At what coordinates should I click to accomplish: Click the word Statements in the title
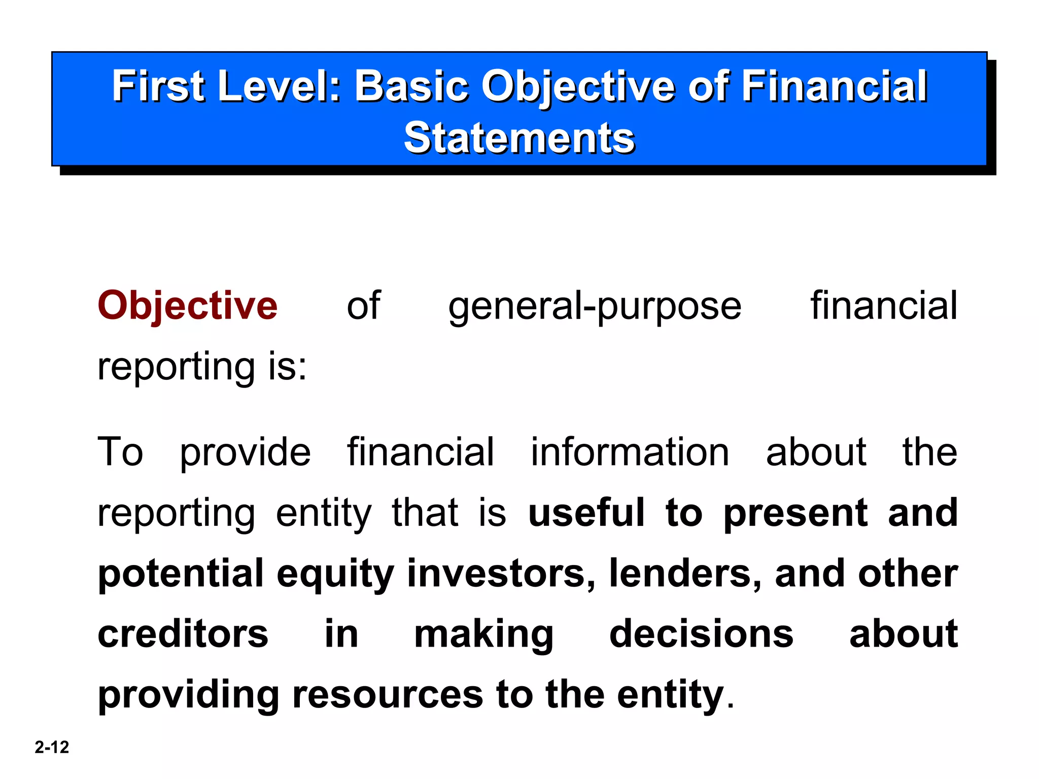pos(519,138)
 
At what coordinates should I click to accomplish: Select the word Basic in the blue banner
pos(411,86)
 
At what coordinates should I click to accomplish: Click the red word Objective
pos(187,306)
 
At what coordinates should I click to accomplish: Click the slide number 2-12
pos(52,747)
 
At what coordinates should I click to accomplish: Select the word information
pos(630,452)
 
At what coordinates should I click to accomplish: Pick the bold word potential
pos(181,574)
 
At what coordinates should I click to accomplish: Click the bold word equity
pos(335,574)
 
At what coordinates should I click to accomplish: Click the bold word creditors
pos(183,634)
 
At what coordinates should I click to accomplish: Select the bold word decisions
pos(701,634)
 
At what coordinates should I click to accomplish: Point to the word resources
pos(388,695)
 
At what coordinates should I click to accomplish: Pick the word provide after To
pos(245,453)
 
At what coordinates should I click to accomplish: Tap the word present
pos(795,514)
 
